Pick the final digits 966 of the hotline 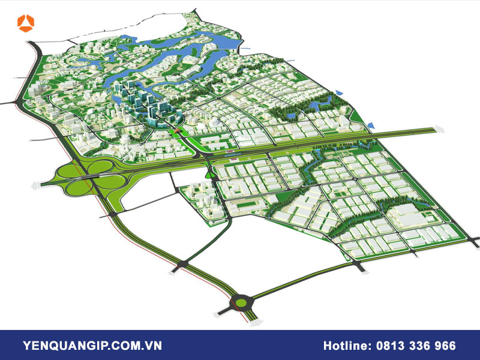coord(444,346)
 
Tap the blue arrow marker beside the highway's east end coord(370,125)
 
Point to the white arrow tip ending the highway coord(442,128)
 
